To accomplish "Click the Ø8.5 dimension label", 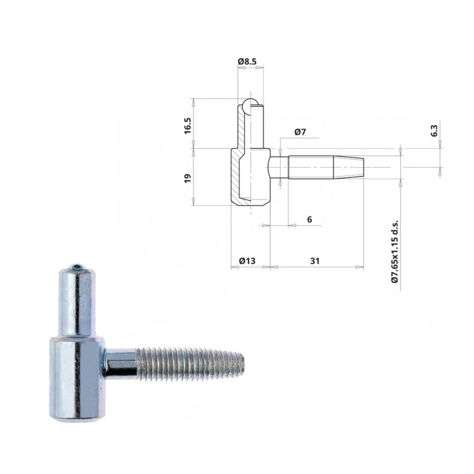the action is [247, 61].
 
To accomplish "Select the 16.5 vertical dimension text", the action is [188, 126].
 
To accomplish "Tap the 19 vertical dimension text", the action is [188, 178].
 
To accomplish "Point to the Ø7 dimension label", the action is [300, 132].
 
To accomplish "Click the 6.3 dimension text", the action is [434, 131].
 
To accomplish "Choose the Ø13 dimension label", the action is [247, 261].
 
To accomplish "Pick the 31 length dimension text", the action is [315, 261].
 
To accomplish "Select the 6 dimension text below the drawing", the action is [309, 219].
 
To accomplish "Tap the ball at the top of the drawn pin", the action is [250, 106].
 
